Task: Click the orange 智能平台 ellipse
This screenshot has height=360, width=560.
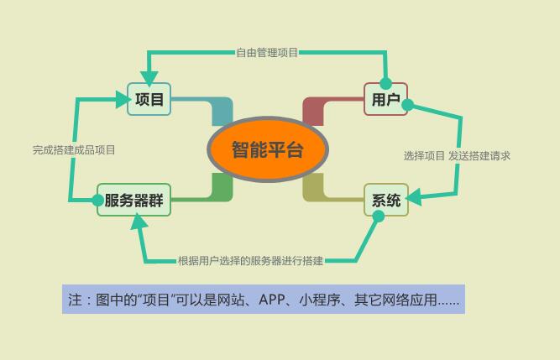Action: (267, 150)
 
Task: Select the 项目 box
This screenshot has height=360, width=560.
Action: (149, 99)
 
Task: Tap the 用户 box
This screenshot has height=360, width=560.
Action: (385, 100)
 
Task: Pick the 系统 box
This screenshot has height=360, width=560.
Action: (385, 201)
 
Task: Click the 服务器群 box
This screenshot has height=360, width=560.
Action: (133, 201)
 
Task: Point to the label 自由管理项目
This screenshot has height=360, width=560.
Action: (267, 52)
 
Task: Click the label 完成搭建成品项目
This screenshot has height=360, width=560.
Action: (74, 150)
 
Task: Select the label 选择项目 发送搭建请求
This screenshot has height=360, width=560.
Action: (457, 155)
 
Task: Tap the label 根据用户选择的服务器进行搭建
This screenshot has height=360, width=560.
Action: (250, 261)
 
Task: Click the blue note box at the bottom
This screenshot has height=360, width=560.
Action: (263, 300)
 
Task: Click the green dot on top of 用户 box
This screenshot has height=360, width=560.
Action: (385, 83)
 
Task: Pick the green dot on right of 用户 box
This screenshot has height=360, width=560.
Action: (408, 105)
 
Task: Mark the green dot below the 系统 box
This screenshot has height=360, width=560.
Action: (378, 217)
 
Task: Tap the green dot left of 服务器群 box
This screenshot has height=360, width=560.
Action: (98, 200)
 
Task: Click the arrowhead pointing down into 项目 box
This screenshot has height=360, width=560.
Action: (149, 78)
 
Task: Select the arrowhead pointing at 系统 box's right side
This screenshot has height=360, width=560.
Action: (415, 199)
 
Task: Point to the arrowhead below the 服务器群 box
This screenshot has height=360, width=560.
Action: (138, 223)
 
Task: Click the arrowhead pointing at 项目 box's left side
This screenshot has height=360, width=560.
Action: (122, 99)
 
